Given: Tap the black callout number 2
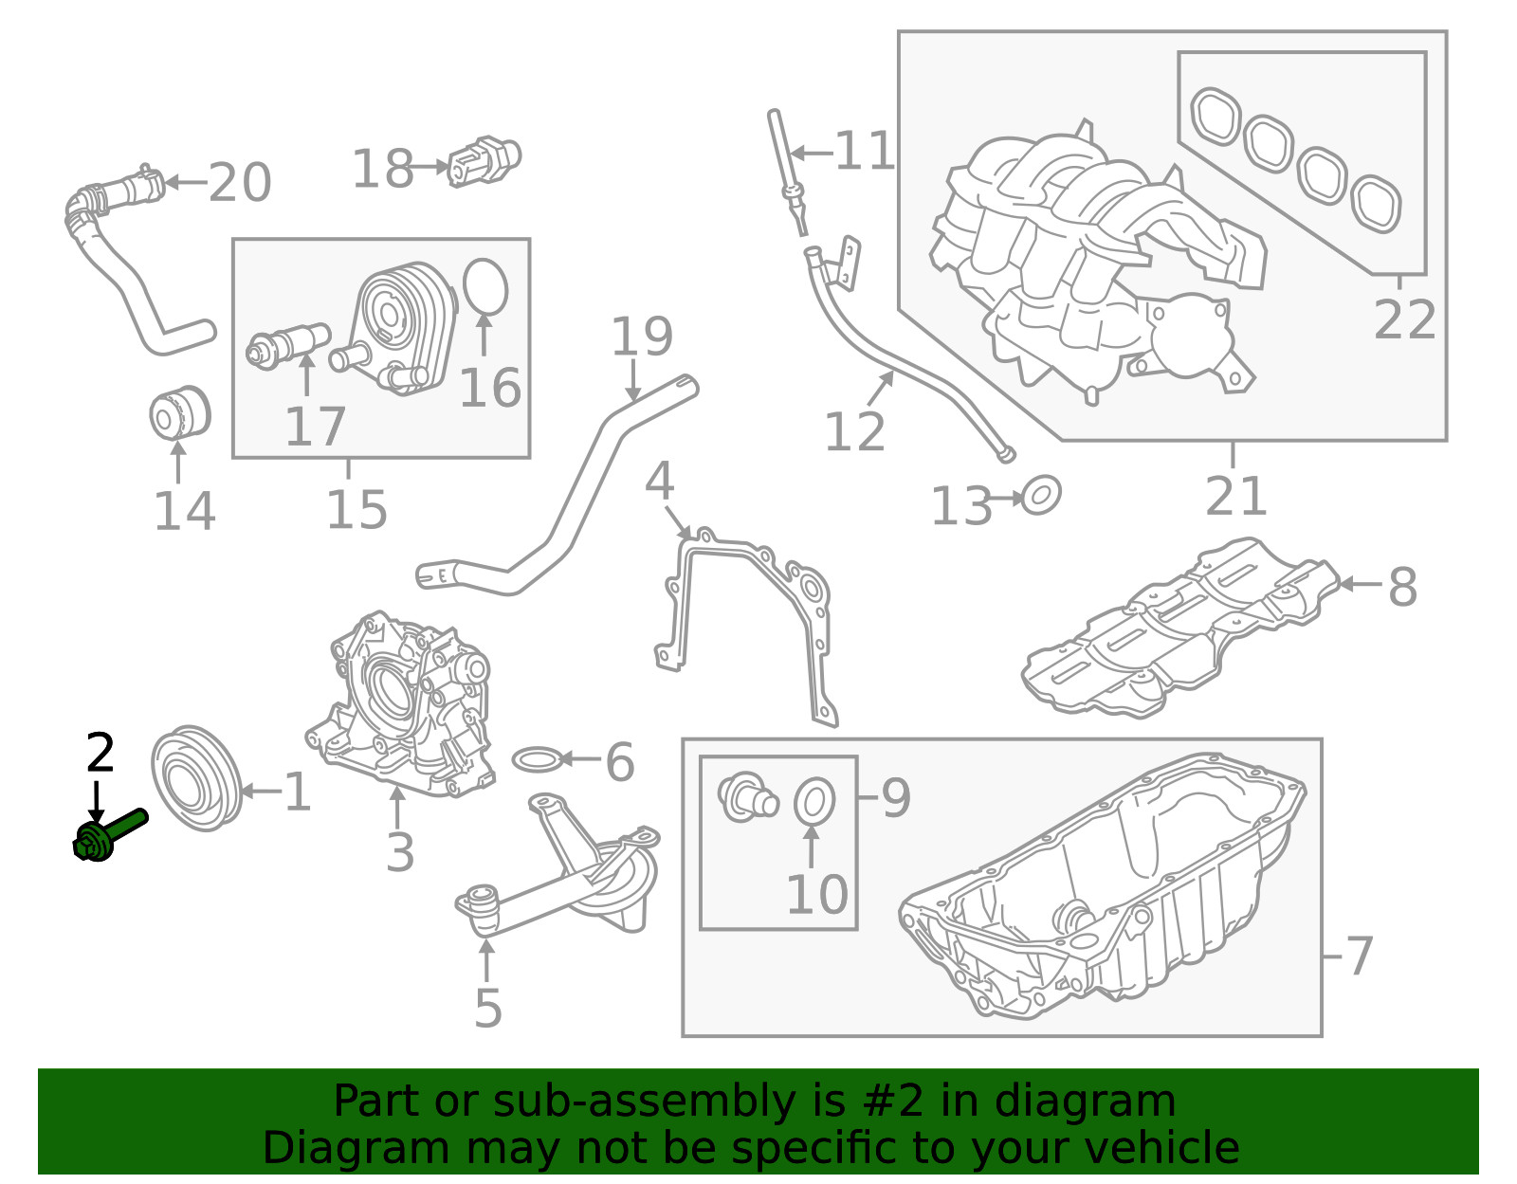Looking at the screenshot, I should coord(100,754).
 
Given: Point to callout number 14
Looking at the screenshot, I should coord(184,511).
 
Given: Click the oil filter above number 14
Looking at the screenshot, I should coord(180,413).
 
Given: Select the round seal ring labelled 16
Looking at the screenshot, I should coord(485,286).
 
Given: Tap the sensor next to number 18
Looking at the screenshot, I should coord(484,161).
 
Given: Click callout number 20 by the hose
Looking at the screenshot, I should coord(240,182).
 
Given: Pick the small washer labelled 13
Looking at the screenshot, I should coord(1041,495).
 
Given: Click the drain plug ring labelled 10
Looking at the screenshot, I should coord(813,802).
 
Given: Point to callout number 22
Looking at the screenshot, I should coord(1404,319).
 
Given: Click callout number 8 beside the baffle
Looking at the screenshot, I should coord(1402,587).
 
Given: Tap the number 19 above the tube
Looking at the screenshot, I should coord(642,337).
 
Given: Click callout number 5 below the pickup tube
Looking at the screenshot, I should coord(487,1009).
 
